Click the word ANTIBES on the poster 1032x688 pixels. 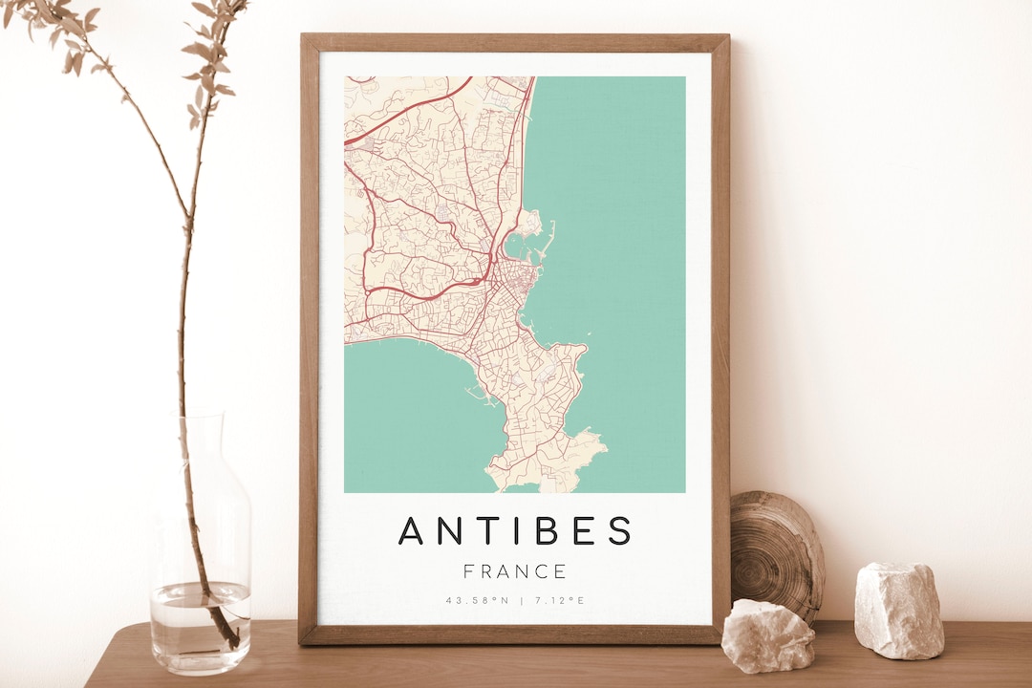click(515, 530)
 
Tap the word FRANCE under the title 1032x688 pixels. click(515, 572)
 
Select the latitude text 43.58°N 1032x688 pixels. click(475, 601)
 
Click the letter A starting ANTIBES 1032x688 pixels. click(411, 530)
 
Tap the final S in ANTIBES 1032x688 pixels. click(620, 530)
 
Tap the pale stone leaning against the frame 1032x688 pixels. click(767, 634)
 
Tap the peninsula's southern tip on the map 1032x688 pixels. click(521, 483)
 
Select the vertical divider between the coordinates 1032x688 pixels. click(520, 601)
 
